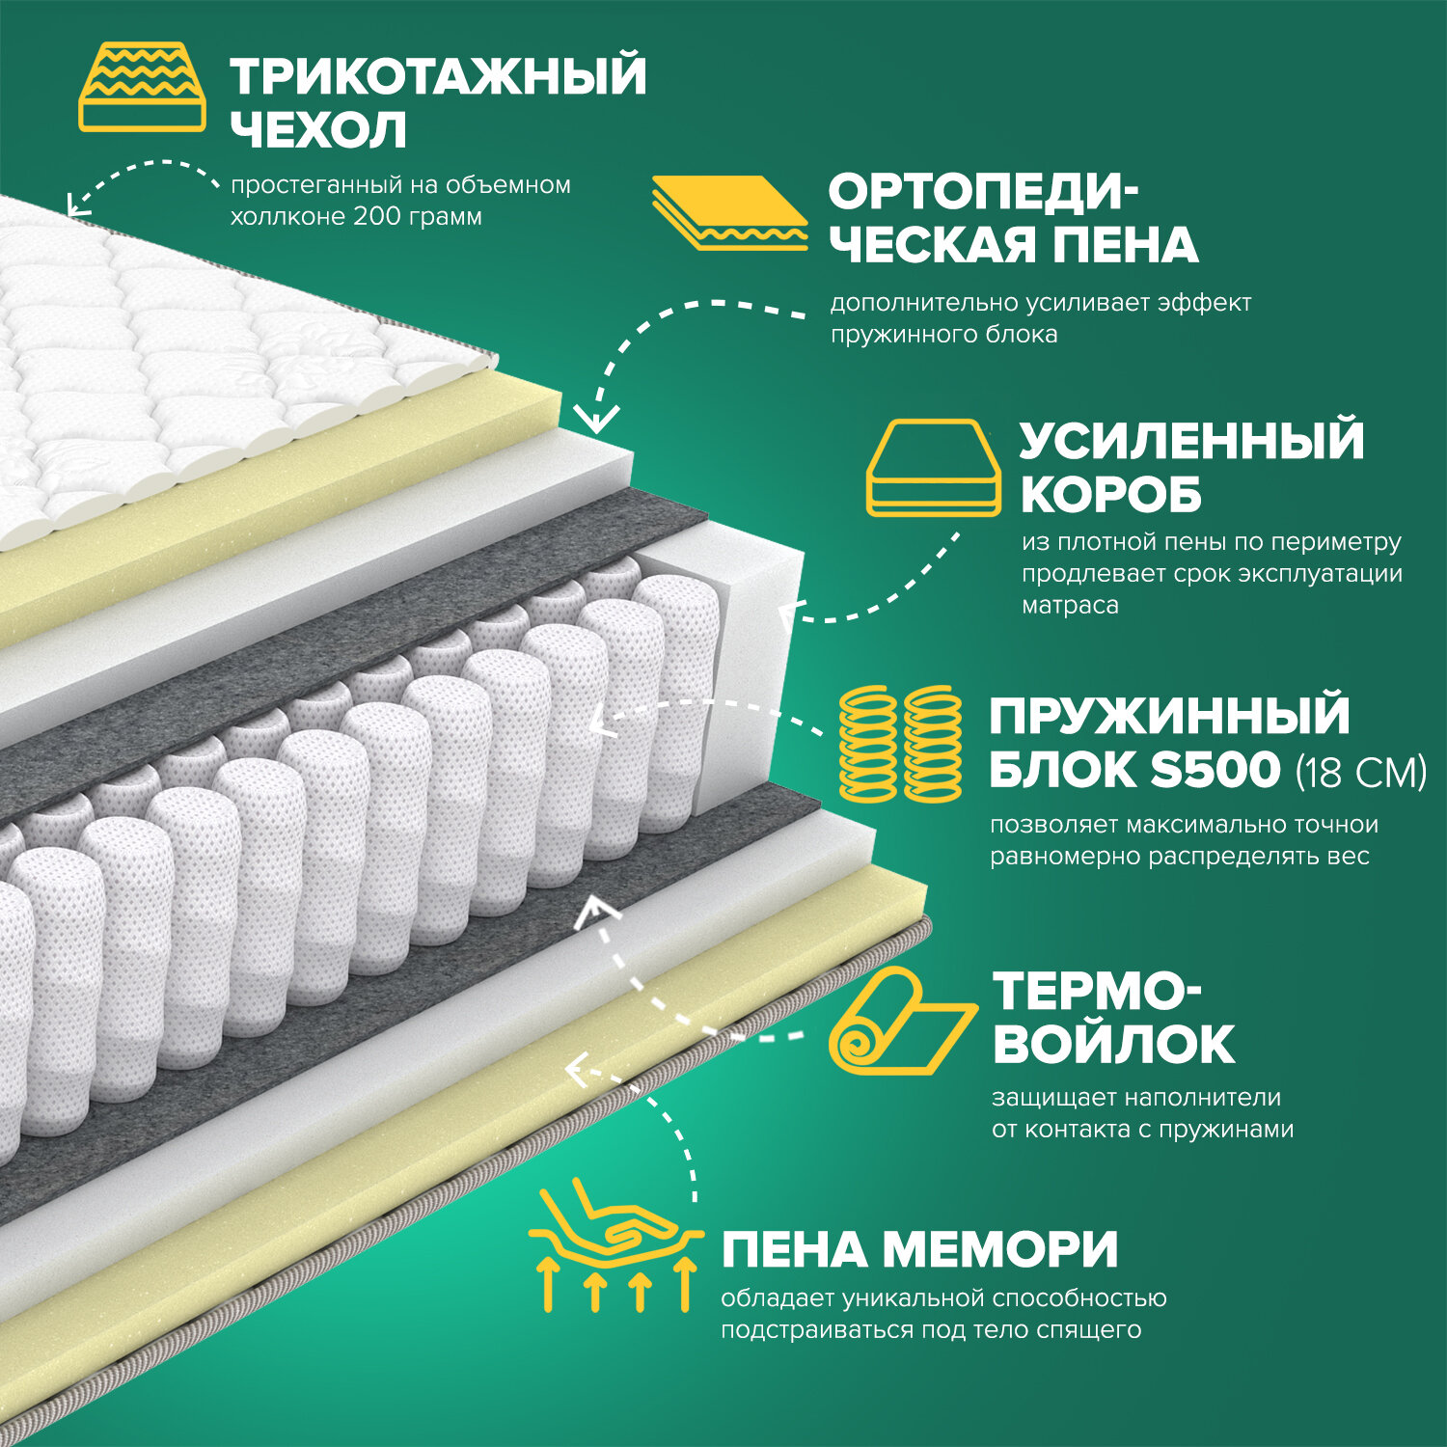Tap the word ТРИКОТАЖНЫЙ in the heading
438,76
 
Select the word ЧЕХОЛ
318,131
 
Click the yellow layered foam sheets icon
729,212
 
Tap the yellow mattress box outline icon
933,468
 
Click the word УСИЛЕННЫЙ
1191,441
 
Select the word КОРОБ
1110,496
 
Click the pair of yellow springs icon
901,744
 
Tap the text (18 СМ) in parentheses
1360,772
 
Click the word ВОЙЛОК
1114,1045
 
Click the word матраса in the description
1070,606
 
